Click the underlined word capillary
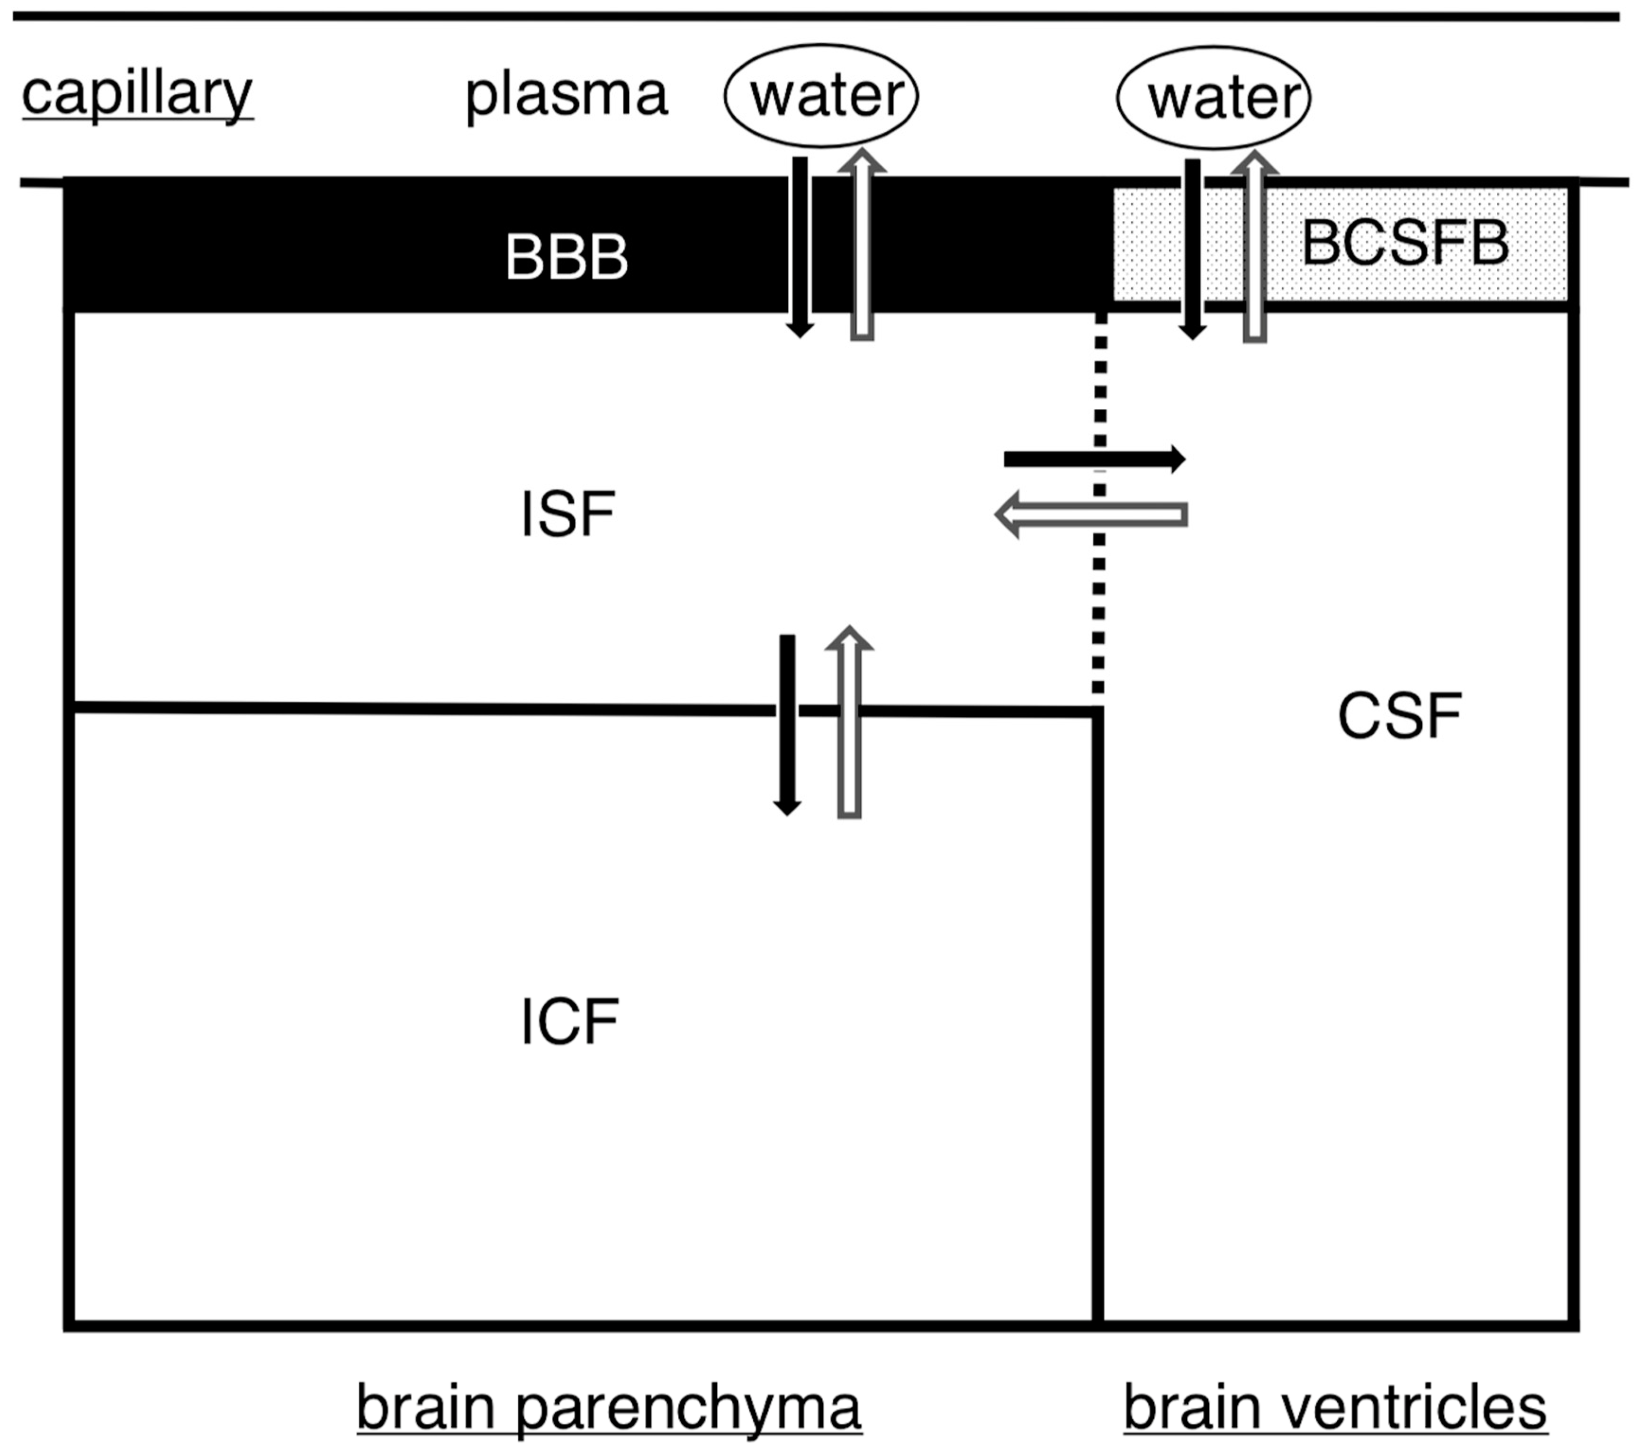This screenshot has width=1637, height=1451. (137, 94)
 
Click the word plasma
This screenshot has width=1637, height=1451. (566, 94)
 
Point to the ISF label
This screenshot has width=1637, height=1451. (567, 514)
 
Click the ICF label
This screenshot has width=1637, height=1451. (568, 1021)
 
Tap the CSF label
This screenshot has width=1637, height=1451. (1399, 716)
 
